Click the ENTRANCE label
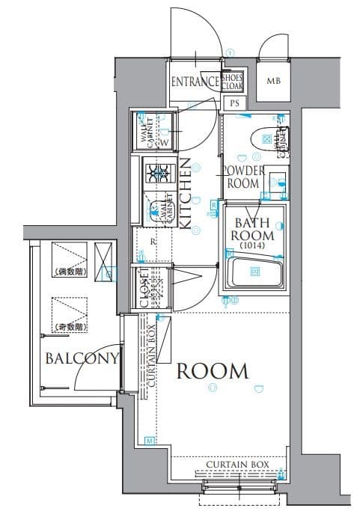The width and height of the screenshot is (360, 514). pyautogui.click(x=195, y=82)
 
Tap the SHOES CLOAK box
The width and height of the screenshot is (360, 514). pyautogui.click(x=233, y=82)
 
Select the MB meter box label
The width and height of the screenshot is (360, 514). pyautogui.click(x=273, y=82)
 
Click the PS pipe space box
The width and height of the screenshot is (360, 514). pyautogui.click(x=234, y=103)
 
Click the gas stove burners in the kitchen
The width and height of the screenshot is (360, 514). pyautogui.click(x=159, y=174)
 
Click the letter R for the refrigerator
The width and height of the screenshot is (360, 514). pyautogui.click(x=153, y=242)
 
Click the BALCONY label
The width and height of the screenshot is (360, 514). pyautogui.click(x=82, y=358)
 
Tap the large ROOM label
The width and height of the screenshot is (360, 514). pyautogui.click(x=212, y=370)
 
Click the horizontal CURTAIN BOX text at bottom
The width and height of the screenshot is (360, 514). pyautogui.click(x=237, y=465)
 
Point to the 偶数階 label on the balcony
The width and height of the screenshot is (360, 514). pyautogui.click(x=70, y=272)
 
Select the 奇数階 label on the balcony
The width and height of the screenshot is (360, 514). pyautogui.click(x=70, y=327)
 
